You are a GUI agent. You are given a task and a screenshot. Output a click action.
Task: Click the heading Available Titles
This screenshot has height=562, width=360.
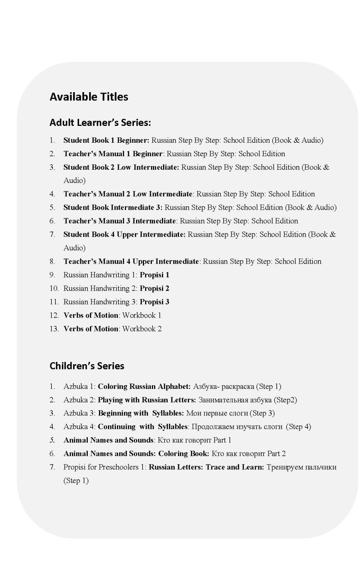coord(89,97)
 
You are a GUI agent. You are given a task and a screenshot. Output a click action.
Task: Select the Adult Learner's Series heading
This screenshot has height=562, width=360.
coord(100,123)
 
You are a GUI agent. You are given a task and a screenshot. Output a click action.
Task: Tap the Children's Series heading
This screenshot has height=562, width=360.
coord(87,366)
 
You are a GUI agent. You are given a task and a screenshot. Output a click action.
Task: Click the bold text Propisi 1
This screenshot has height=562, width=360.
coord(154,275)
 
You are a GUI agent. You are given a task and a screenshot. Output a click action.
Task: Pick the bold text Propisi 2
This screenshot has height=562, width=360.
coord(154,288)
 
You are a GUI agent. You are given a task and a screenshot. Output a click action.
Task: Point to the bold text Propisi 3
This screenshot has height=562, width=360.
coord(154,302)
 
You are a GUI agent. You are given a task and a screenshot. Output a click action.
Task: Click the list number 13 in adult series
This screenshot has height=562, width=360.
coord(54,329)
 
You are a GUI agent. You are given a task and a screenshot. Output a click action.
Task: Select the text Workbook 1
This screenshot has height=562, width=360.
coord(142,315)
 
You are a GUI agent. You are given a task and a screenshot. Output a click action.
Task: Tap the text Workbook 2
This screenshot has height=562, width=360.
coord(142,329)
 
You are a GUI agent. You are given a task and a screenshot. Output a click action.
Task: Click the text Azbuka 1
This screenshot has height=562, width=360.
coord(79,386)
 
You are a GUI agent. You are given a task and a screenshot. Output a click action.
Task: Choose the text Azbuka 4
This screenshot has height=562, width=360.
coord(79,426)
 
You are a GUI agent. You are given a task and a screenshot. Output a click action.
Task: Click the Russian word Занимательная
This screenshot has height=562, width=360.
coord(220,400)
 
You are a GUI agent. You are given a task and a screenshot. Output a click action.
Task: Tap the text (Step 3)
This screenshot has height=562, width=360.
coord(262,413)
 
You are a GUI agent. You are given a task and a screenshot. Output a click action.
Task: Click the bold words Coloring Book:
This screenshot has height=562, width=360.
coord(183,453)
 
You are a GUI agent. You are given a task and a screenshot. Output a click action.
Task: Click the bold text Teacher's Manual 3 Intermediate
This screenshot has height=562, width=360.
coord(120,221)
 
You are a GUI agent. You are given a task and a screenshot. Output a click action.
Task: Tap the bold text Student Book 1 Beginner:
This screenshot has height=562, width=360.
coord(106,140)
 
